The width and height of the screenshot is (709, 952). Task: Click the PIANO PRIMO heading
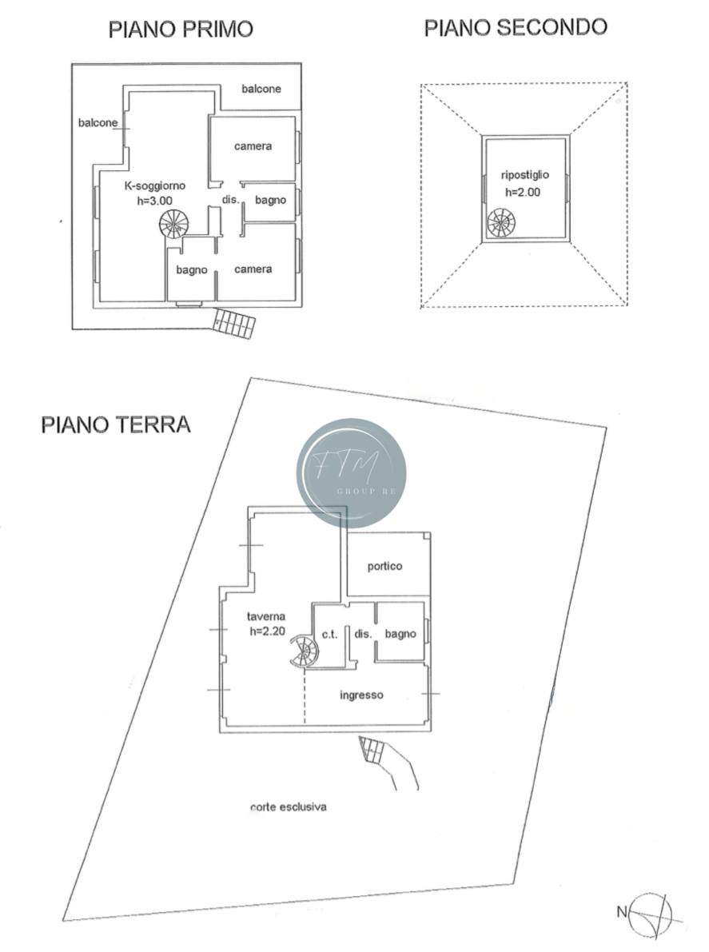click(x=181, y=29)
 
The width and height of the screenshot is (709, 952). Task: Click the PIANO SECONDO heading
click(x=516, y=27)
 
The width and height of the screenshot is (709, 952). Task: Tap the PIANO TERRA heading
click(x=116, y=424)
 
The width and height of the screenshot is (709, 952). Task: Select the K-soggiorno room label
click(x=155, y=185)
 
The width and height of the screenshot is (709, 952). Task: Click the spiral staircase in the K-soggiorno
click(x=174, y=224)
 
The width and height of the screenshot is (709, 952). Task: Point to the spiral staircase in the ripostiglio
click(x=501, y=223)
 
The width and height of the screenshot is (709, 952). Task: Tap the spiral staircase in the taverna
click(x=304, y=651)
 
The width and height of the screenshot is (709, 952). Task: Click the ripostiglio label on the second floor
click(x=524, y=175)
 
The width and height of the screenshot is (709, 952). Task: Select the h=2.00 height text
click(x=523, y=193)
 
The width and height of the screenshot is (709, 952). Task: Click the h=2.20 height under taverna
click(x=267, y=631)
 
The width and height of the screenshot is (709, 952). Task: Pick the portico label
click(x=384, y=567)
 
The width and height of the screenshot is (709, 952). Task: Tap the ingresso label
click(x=361, y=695)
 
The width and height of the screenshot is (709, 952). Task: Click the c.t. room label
click(x=329, y=635)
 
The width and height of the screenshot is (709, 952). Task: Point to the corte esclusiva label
click(x=289, y=807)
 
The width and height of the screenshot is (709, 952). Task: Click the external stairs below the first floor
click(x=233, y=323)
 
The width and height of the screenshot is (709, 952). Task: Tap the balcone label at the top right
click(x=261, y=89)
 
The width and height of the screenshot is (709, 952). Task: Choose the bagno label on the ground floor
click(x=400, y=634)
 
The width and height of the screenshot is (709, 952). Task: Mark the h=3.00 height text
click(x=155, y=201)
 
